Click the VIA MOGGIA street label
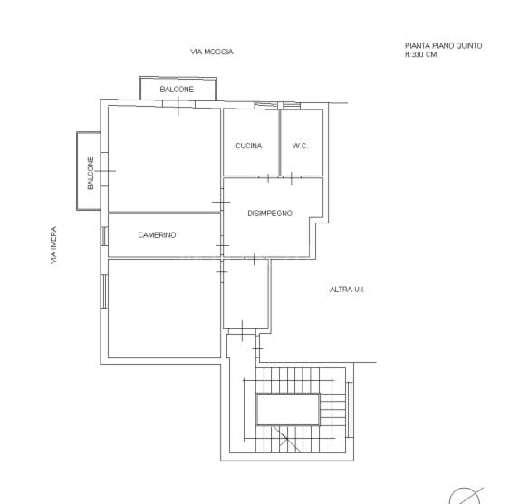tap(212, 52)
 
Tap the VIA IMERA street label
tap(53, 245)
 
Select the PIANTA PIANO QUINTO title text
tap(444, 46)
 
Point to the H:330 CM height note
tap(420, 54)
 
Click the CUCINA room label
tap(248, 146)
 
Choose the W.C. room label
tap(300, 146)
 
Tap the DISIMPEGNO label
tap(270, 214)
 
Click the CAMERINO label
tap(157, 235)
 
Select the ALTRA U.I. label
tap(347, 290)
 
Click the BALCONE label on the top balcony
tap(177, 90)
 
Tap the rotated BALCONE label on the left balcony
tap(91, 173)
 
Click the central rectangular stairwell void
tap(288, 409)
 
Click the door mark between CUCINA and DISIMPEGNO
tap(268, 178)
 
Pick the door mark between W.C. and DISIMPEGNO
tap(292, 178)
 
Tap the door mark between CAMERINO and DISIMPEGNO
tap(223, 246)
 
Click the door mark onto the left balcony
tap(104, 171)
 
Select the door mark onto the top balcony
tap(178, 105)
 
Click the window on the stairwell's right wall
tap(350, 410)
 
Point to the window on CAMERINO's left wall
tap(104, 236)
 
